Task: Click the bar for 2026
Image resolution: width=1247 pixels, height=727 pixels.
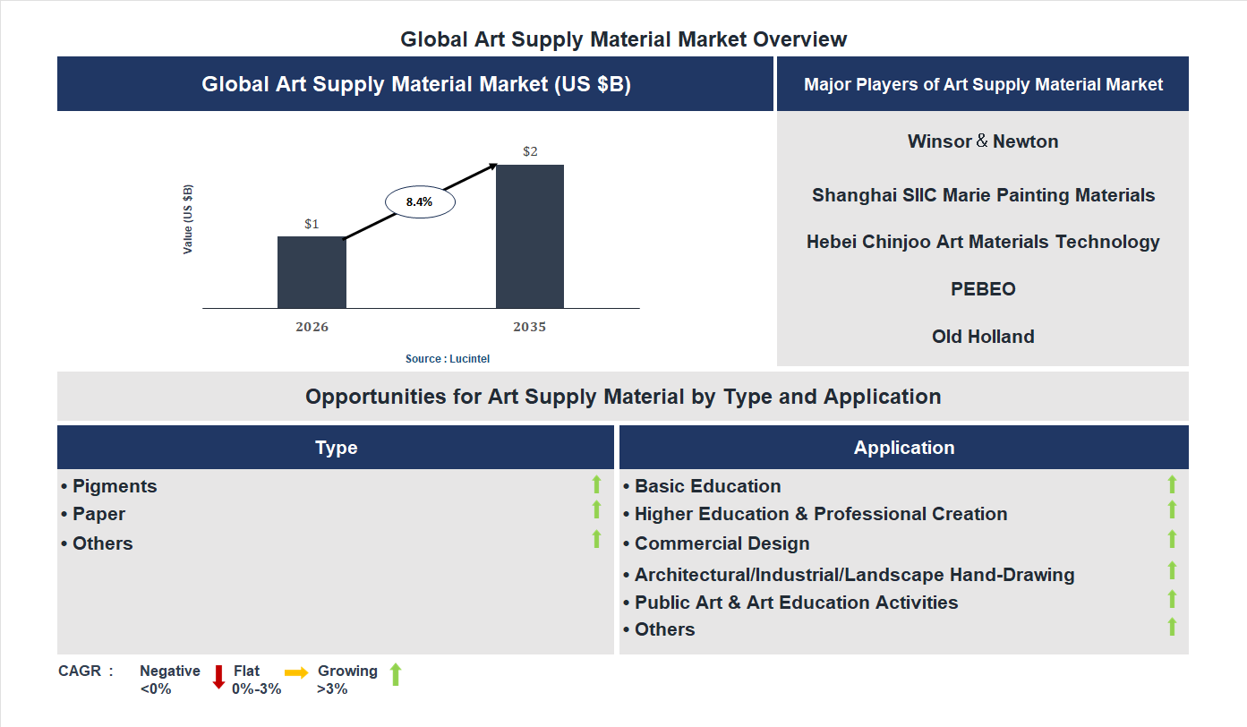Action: coord(312,272)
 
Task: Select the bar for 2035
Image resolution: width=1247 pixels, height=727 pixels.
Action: coord(530,236)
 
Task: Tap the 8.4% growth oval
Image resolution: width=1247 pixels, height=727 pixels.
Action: coord(420,202)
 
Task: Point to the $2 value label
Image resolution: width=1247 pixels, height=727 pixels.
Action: coord(530,151)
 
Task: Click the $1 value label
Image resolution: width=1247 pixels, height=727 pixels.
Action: coord(312,224)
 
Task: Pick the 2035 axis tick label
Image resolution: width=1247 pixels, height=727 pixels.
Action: coord(530,327)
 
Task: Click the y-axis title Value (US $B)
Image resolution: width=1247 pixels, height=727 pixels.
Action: coord(188,219)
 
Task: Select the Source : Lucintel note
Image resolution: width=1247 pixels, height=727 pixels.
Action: coord(448,358)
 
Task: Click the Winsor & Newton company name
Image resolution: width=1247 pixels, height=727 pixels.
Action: coord(983,141)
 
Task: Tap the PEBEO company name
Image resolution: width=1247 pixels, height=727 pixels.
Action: coord(983,289)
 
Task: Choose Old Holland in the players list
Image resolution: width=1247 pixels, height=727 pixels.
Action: coord(983,337)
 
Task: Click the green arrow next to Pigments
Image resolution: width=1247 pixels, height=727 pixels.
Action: coord(596,484)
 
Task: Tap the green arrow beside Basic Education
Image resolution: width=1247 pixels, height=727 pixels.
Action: coord(1172,484)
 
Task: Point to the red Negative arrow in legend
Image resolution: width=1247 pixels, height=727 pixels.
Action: coord(218,677)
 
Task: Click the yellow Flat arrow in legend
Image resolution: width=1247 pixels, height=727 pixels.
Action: coord(296,671)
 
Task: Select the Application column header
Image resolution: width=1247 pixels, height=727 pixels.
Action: coord(904,448)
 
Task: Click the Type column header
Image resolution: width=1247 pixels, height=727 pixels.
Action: coord(336,448)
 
